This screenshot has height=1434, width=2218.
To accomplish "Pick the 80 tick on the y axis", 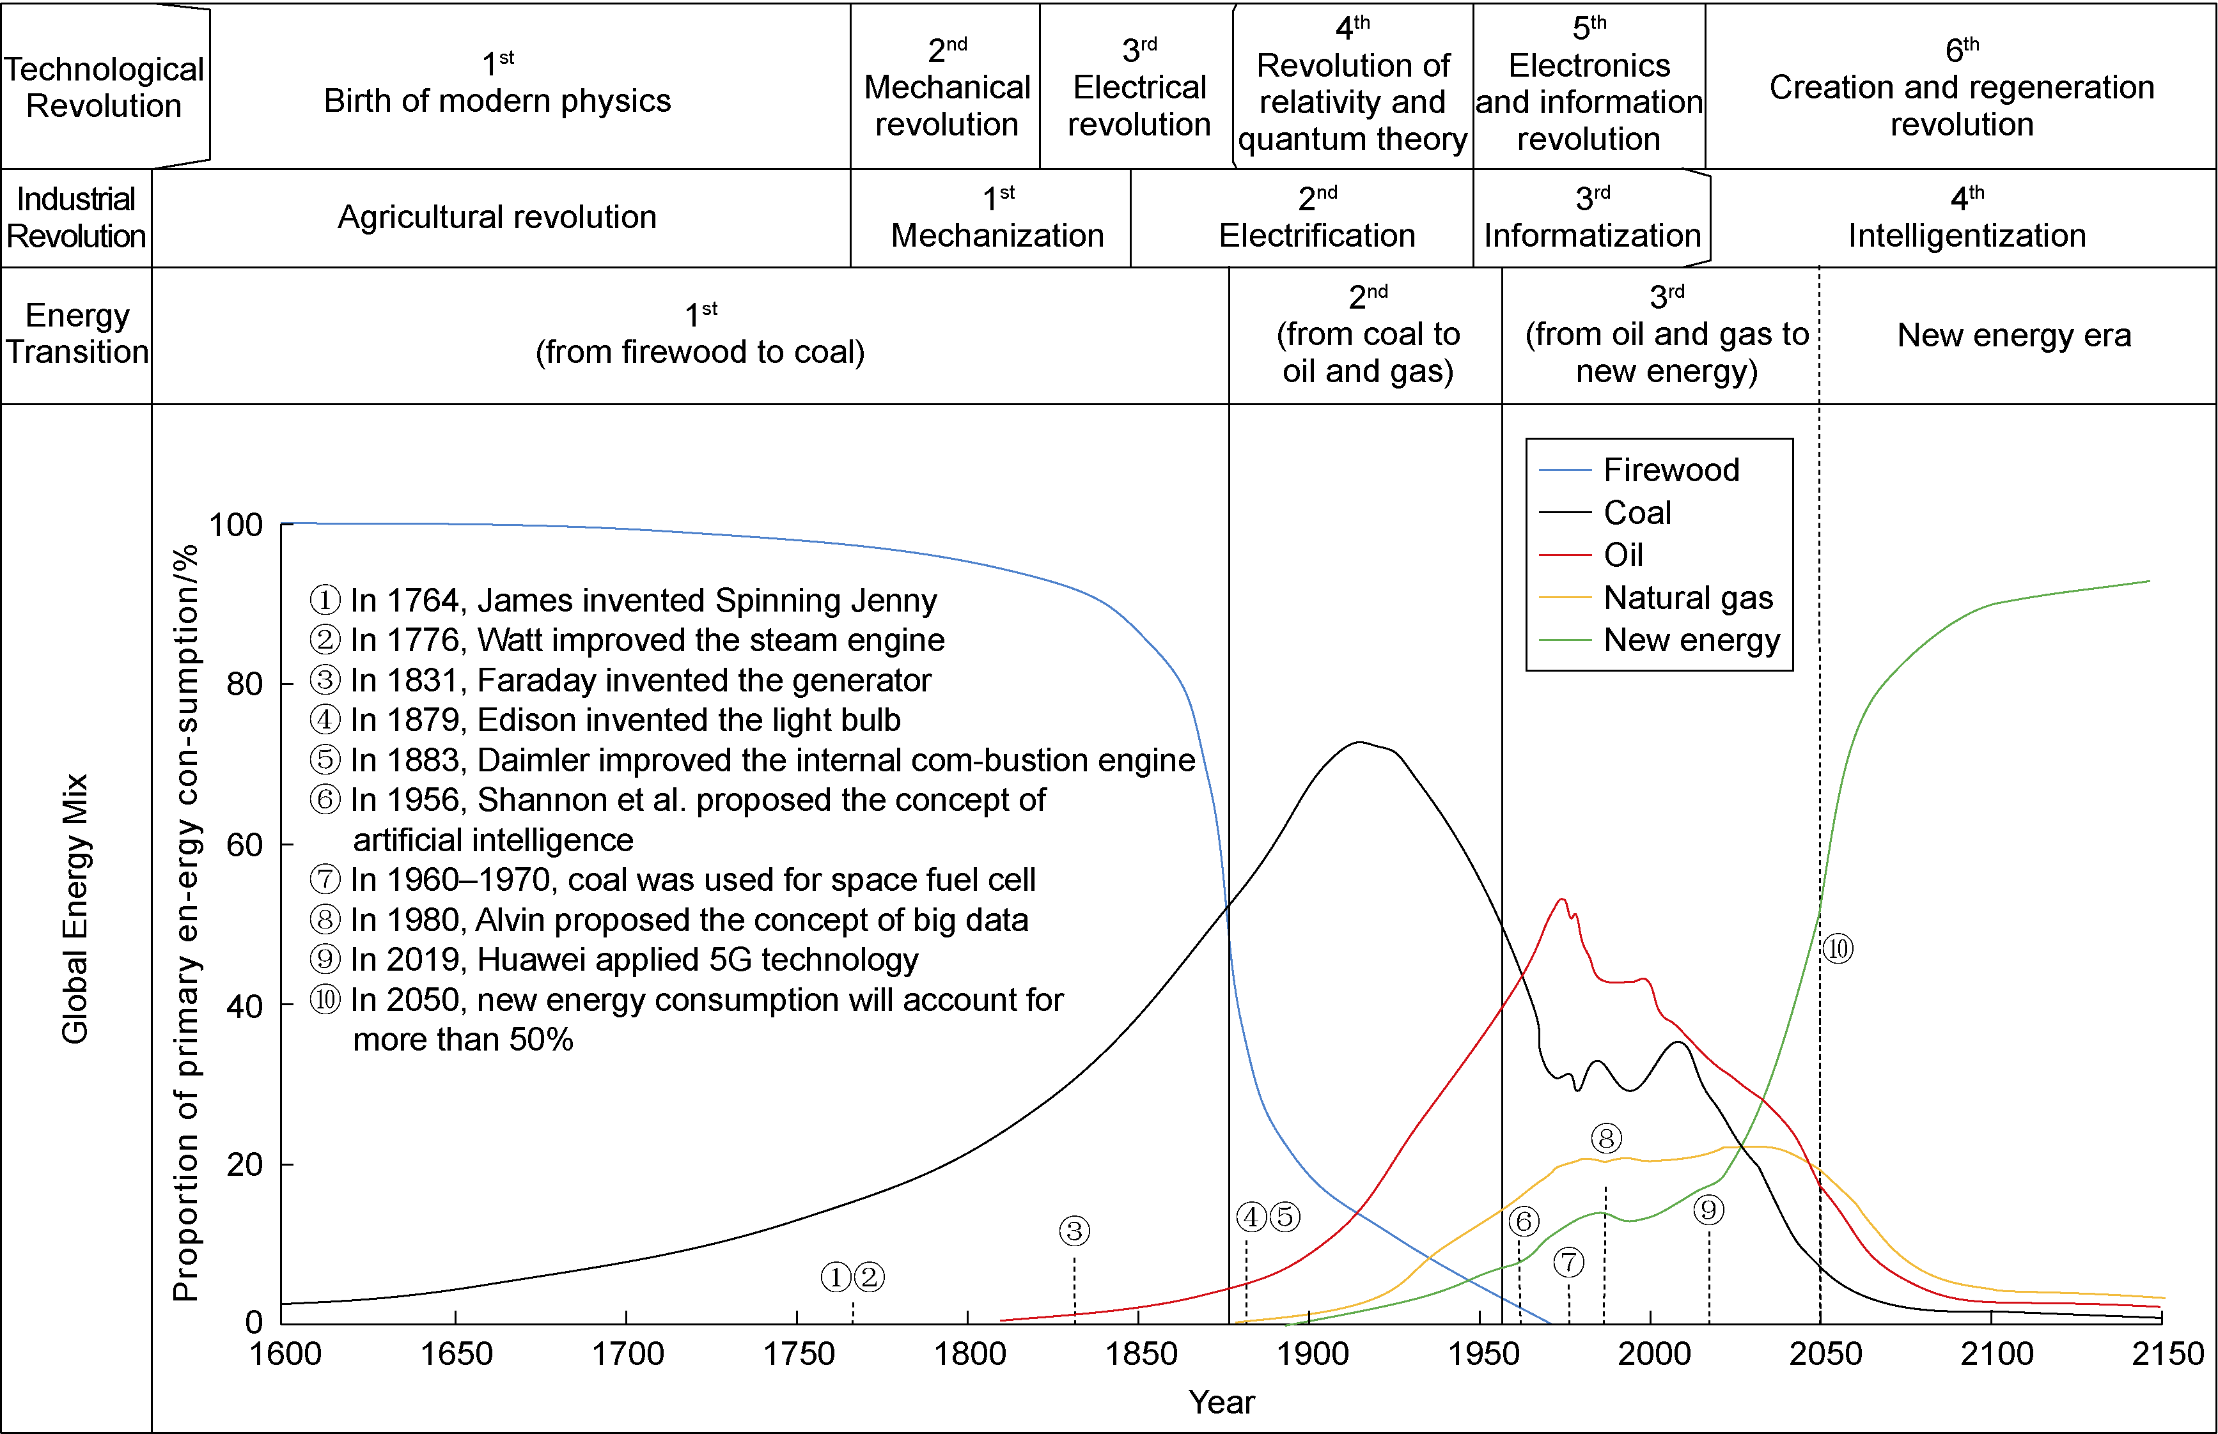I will point(244,684).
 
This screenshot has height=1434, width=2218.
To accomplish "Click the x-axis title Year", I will point(1221,1402).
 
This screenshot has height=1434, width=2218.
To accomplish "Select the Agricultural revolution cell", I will point(497,218).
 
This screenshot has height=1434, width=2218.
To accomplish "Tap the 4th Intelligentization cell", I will point(1967,218).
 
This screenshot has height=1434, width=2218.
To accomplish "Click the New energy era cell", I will point(2014,335).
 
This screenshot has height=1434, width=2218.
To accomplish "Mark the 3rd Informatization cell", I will point(1592,218).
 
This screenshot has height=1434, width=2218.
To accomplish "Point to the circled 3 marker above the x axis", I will point(1074,1231).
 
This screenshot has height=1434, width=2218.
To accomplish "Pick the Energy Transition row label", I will point(76,334).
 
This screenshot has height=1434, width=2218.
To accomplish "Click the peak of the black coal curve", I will point(1359,743).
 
